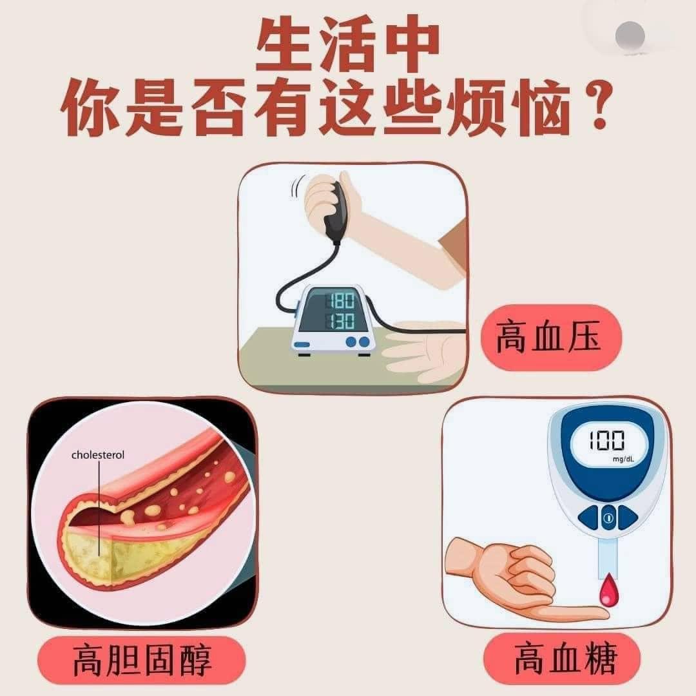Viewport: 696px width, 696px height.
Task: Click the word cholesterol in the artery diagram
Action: click(x=98, y=455)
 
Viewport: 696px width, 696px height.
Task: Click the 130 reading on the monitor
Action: click(x=342, y=320)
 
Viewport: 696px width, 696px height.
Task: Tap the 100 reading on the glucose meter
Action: click(x=607, y=440)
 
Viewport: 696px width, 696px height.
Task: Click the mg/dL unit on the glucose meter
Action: click(x=623, y=459)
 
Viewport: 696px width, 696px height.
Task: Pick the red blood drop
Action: click(x=608, y=590)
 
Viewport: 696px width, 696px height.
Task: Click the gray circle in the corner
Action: click(x=630, y=35)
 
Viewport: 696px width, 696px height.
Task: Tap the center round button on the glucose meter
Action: click(x=608, y=517)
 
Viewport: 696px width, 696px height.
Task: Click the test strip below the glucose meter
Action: click(x=608, y=556)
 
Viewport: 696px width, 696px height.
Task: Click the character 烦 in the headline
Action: click(x=478, y=107)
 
